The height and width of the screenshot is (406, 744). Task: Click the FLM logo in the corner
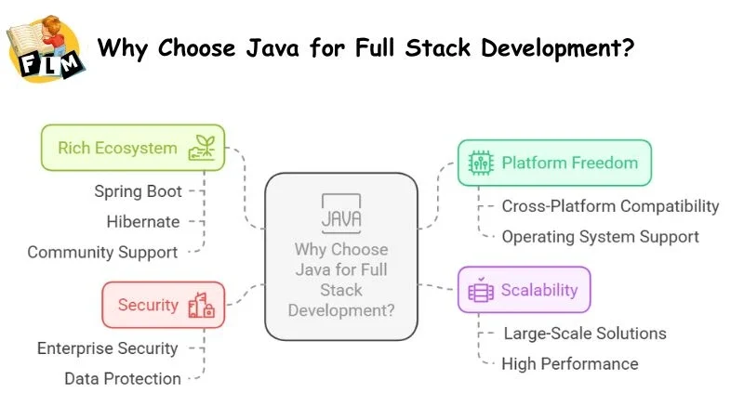(44, 47)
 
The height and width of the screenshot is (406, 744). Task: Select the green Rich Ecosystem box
(132, 148)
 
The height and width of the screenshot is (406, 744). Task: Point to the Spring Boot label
(138, 190)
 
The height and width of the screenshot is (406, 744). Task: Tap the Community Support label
(102, 252)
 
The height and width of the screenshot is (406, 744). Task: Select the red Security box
(163, 305)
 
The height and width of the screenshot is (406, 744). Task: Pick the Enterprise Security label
(107, 348)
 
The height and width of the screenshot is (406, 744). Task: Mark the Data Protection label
(123, 378)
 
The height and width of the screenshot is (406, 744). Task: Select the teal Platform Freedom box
(554, 163)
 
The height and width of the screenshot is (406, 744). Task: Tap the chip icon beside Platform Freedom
(480, 163)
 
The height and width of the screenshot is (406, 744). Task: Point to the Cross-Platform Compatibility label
(610, 205)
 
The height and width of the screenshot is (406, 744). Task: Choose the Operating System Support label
(600, 236)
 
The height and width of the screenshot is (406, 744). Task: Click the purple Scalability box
(525, 290)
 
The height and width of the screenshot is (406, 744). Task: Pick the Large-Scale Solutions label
(584, 333)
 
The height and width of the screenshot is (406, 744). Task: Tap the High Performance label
(569, 363)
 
